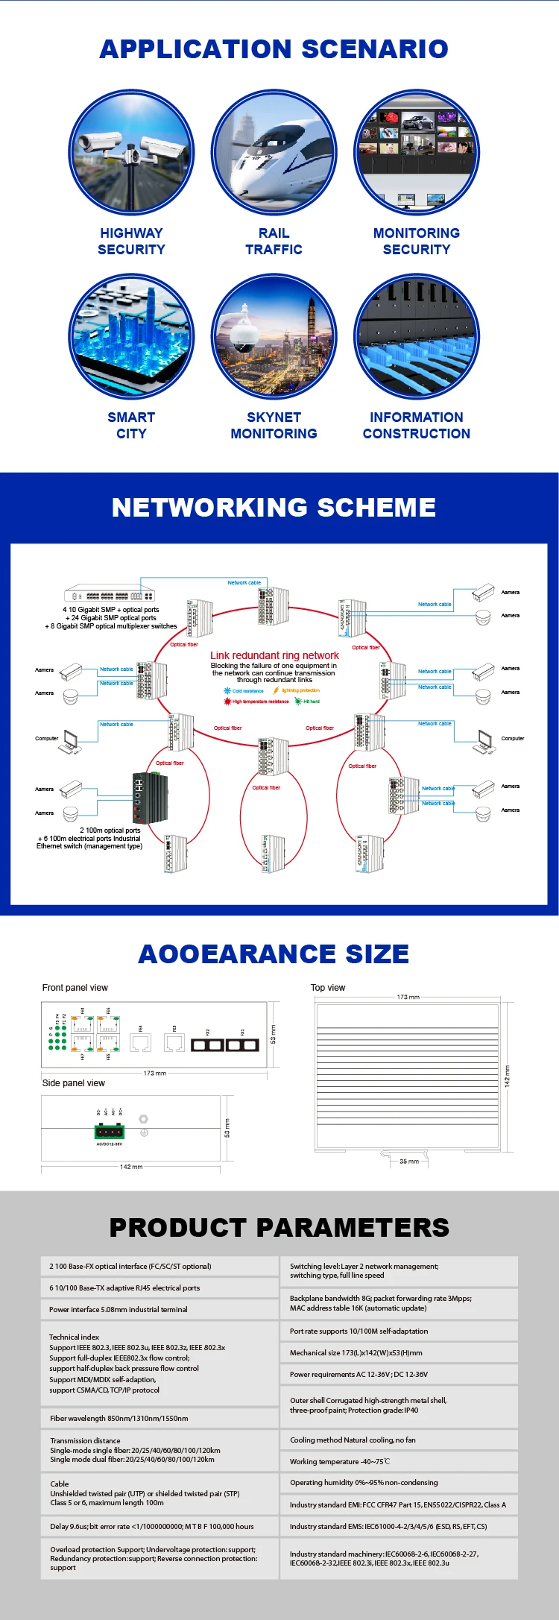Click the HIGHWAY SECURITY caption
coord(131,242)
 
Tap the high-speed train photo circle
coord(274,154)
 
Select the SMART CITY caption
coord(131,426)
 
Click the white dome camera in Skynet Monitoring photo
coord(244,332)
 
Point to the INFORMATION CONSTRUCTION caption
coord(416,426)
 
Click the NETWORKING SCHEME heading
coord(274,508)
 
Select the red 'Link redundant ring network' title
coord(274,655)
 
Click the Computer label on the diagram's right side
coord(512,739)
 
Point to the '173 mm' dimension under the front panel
coord(154,1074)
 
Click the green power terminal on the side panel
coord(110,1132)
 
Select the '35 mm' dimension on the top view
coord(408,1162)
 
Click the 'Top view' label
coord(328,988)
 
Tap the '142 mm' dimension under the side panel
coord(131,1167)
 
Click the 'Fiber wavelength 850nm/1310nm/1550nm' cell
coord(160,1418)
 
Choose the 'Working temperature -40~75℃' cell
coord(399,1461)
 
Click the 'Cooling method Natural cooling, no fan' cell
coord(399,1440)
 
